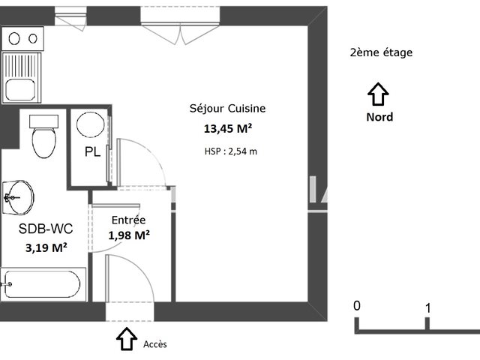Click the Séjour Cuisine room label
227,109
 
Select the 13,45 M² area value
228,128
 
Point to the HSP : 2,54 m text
230,151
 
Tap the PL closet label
92,152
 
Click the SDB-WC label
46,229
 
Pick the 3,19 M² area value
46,247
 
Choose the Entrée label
128,220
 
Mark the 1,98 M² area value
129,235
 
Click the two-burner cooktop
22,38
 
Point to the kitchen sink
22,79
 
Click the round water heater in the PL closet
91,125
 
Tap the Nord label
379,117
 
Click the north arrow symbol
379,94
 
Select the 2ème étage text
381,52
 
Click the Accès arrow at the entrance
126,340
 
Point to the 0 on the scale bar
357,306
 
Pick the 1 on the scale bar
427,307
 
